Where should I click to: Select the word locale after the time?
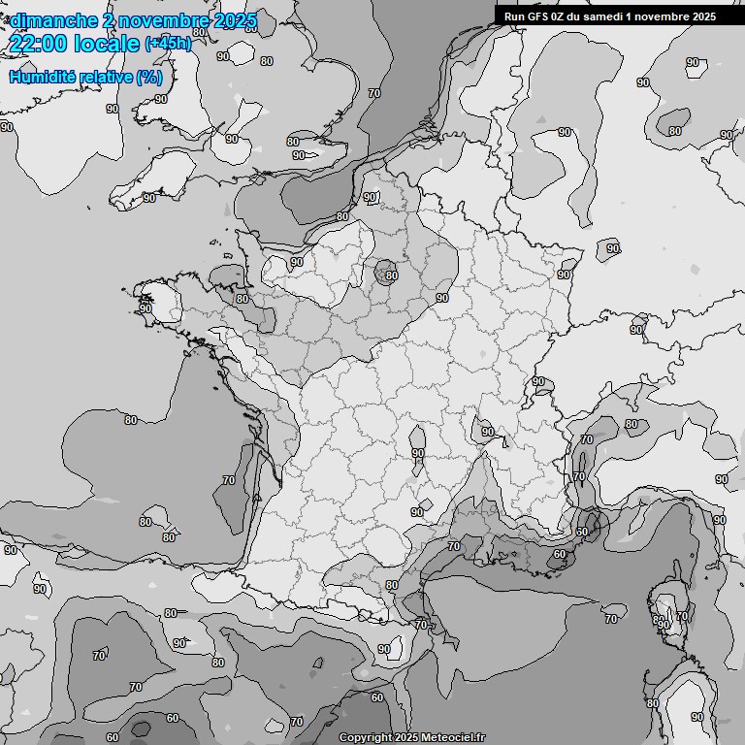[107, 43]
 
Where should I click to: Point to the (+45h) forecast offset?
[168, 43]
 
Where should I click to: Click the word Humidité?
[40, 77]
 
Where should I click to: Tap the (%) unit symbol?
[149, 77]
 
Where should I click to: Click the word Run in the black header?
[515, 16]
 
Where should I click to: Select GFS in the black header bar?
[540, 16]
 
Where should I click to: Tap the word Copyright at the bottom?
[365, 737]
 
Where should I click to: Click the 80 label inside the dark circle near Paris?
[391, 275]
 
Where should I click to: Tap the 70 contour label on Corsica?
[681, 616]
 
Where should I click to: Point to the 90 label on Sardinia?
[697, 716]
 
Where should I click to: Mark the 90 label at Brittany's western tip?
[146, 308]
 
